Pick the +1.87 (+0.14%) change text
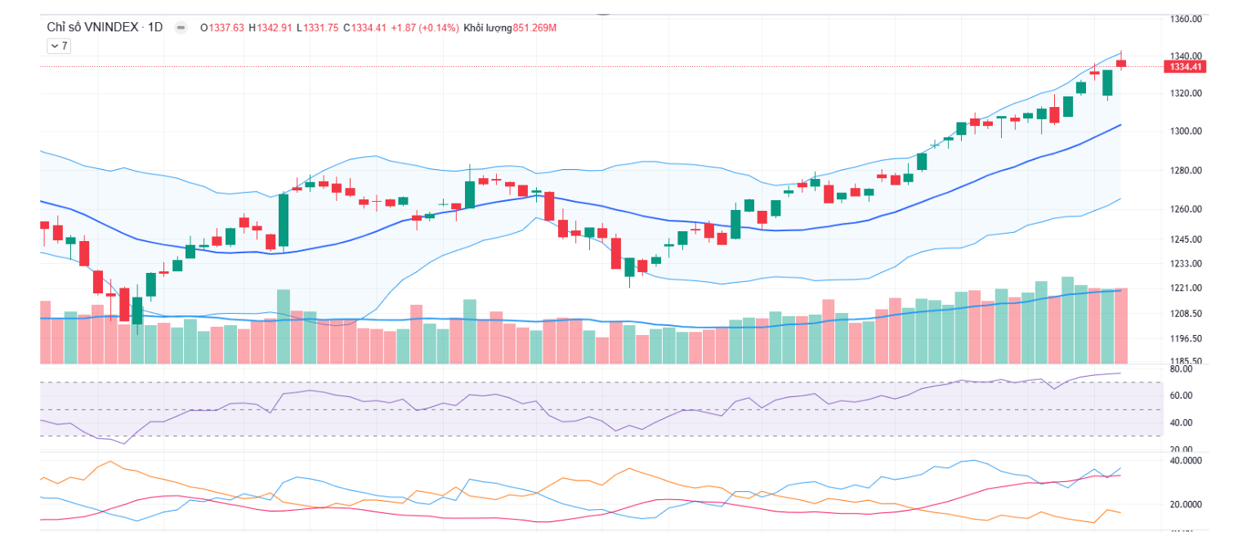pos(424,28)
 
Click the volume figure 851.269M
pos(534,28)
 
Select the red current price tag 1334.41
pos(1186,67)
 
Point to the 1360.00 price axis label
pos(1185,18)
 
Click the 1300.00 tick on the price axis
pos(1185,132)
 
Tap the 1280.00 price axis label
pos(1185,171)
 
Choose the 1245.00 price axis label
pos(1185,239)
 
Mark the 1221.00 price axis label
pos(1185,288)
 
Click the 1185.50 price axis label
pos(1185,361)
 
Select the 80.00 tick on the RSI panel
pos(1181,369)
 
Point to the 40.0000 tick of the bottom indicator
pos(1185,461)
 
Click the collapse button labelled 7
pos(59,47)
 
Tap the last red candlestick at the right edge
pos(1121,63)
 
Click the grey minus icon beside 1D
pos(181,28)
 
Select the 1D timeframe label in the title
pos(155,28)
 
